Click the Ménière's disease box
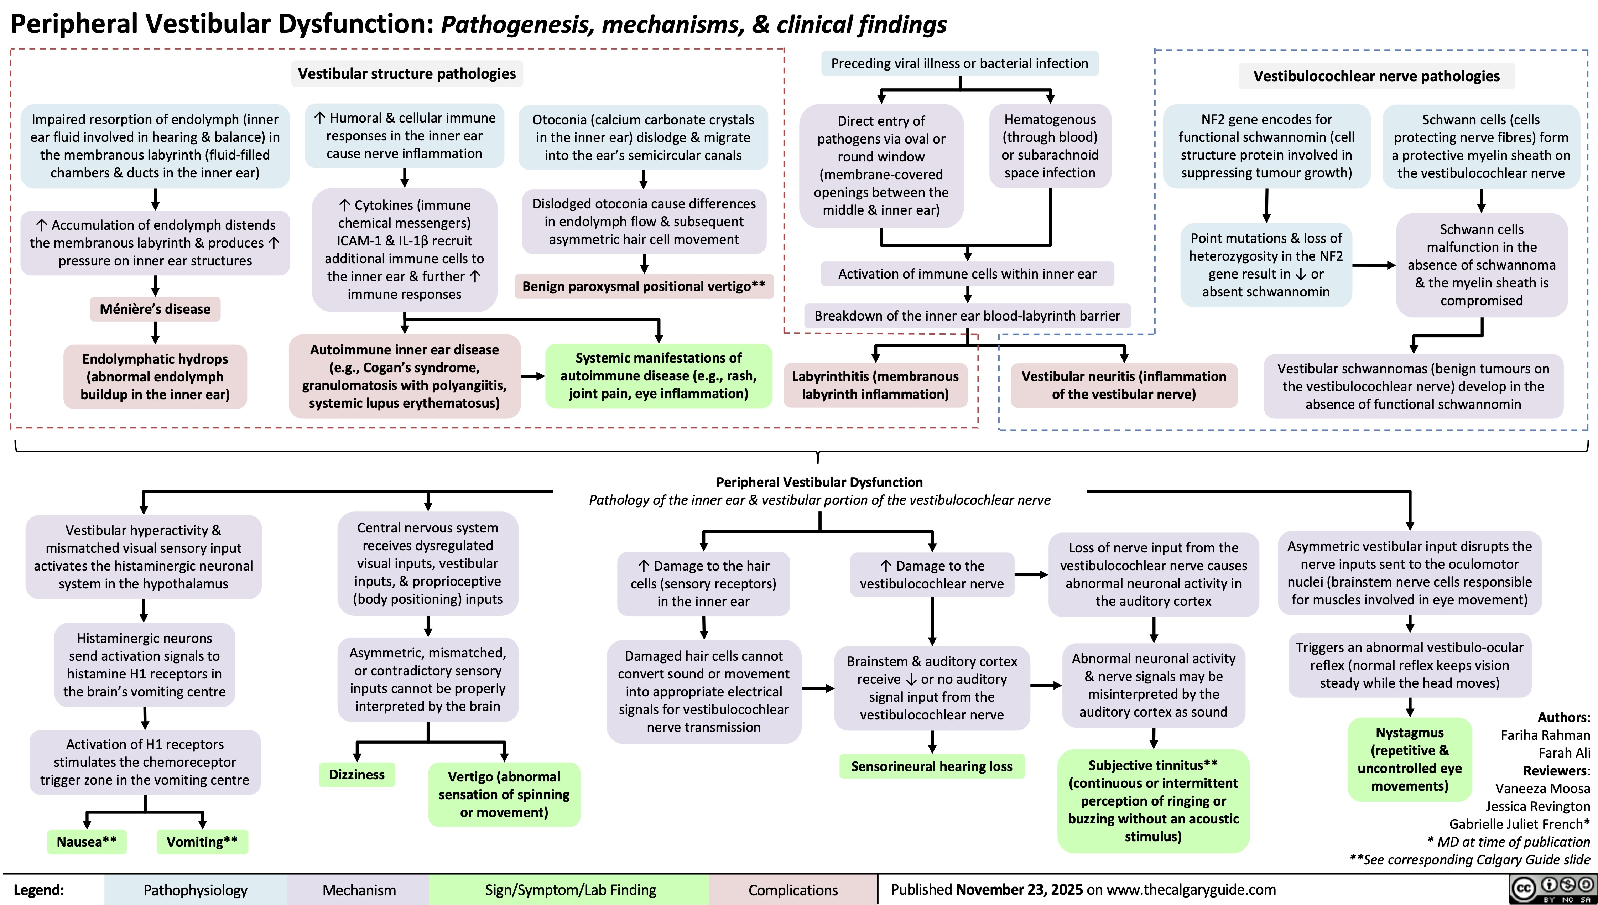155,309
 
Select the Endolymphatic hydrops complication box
155,377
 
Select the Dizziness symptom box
357,775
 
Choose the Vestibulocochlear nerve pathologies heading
1376,76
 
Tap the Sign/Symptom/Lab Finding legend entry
570,890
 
